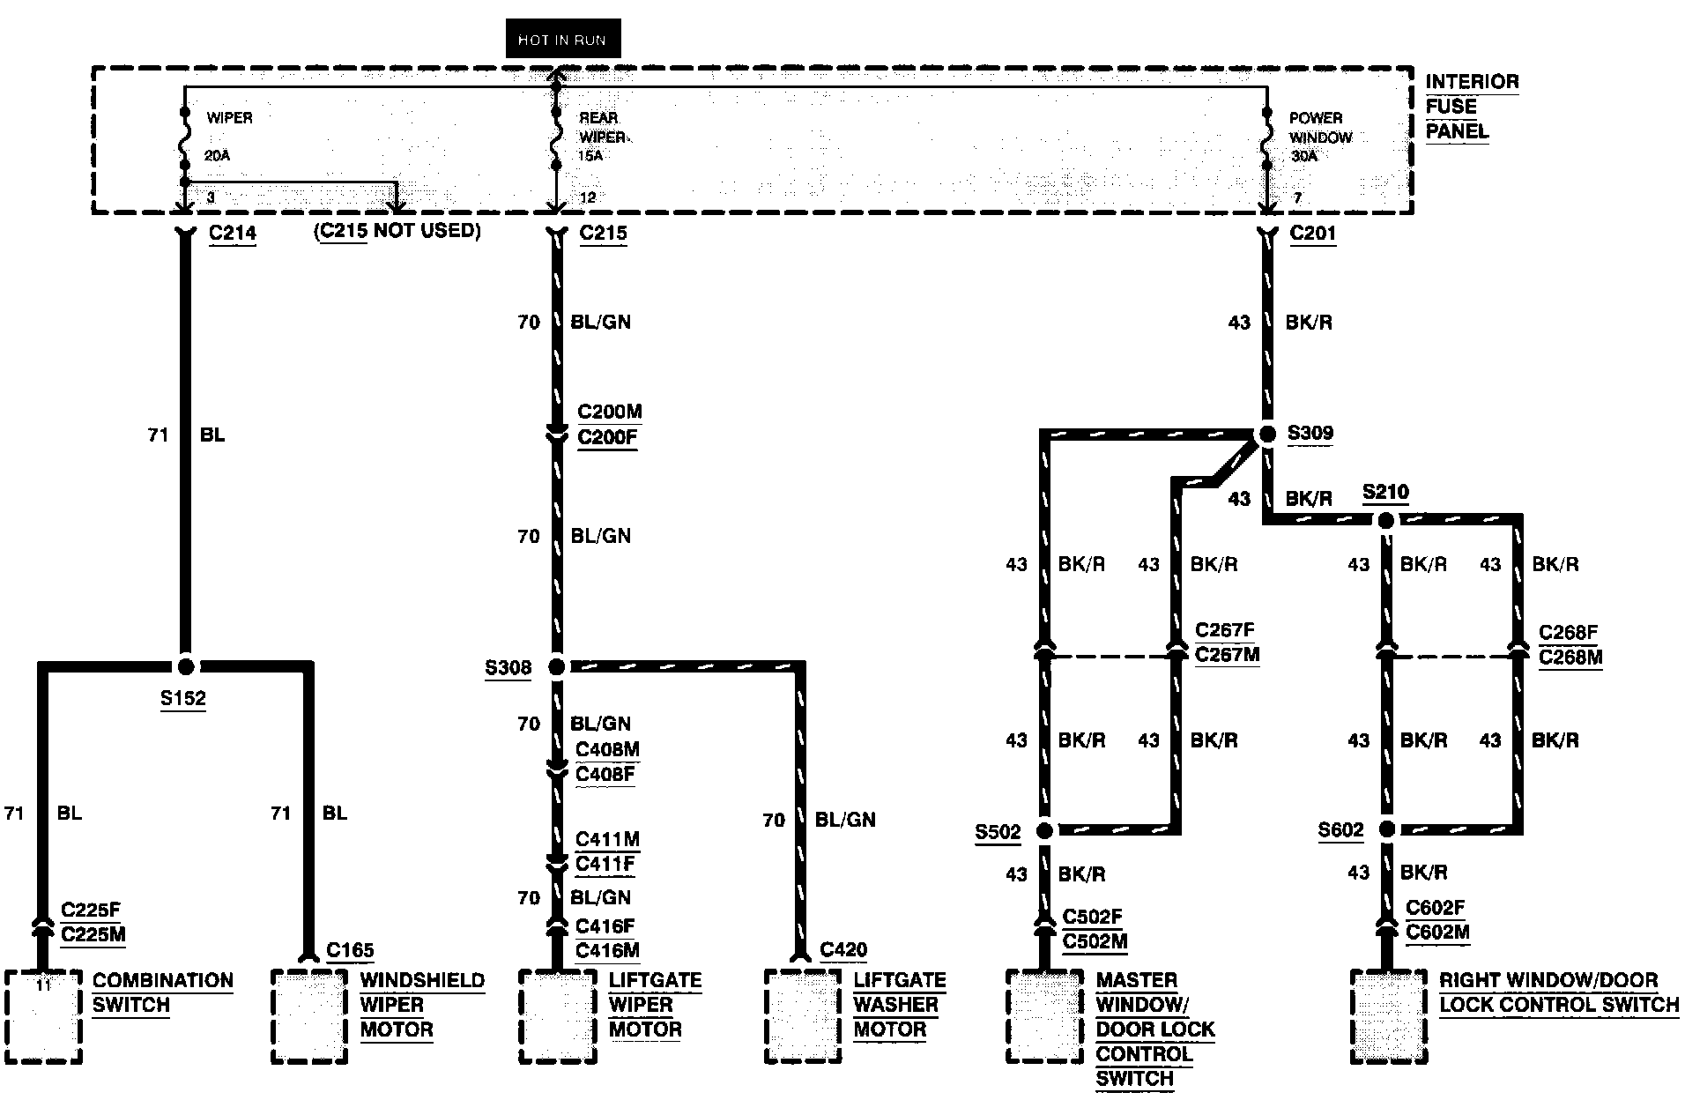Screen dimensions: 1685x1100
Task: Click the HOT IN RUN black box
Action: click(x=562, y=40)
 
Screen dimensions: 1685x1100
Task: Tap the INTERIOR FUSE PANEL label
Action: click(x=1471, y=107)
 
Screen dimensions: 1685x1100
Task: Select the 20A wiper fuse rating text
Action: click(x=218, y=156)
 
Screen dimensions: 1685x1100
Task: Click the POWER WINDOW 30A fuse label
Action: click(x=1319, y=137)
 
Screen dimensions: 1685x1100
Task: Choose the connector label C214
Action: click(x=233, y=234)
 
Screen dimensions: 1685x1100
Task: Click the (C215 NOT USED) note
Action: click(x=397, y=231)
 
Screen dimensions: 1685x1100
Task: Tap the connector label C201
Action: click(x=1312, y=234)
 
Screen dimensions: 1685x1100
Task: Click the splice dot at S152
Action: click(x=185, y=666)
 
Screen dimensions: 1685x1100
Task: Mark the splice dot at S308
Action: click(x=556, y=667)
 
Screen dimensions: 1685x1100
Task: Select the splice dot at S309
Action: click(x=1267, y=434)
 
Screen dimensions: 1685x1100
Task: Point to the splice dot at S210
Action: click(x=1385, y=521)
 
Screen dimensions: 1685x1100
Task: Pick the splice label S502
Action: click(x=998, y=832)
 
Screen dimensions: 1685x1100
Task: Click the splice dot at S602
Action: click(x=1386, y=829)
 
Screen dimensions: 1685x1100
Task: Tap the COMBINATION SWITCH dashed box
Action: click(x=43, y=1016)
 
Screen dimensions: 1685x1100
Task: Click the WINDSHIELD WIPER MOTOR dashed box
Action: click(x=308, y=1016)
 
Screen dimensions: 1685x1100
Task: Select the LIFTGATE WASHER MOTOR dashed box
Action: click(x=802, y=1016)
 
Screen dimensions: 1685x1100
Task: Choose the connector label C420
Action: click(x=843, y=950)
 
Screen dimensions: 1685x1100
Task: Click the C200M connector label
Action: click(x=610, y=412)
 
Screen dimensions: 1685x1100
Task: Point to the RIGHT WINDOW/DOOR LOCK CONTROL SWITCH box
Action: click(x=1388, y=1016)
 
